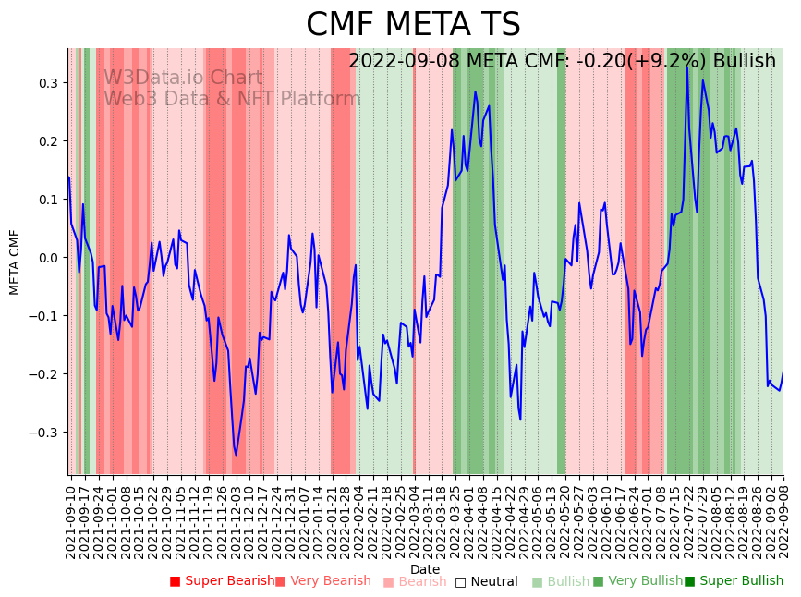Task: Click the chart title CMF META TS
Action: tap(413, 25)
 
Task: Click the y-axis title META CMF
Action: tap(15, 262)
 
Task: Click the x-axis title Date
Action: tap(425, 569)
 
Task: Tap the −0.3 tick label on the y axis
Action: tap(42, 433)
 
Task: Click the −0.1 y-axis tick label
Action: tap(42, 316)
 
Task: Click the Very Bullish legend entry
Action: tap(637, 581)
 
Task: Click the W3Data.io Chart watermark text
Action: tap(183, 79)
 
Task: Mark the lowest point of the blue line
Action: tap(236, 455)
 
